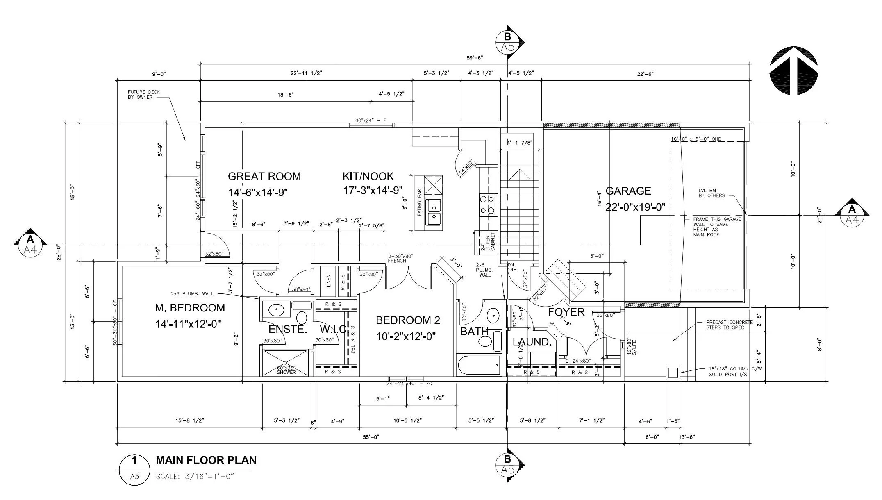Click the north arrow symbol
click(x=794, y=70)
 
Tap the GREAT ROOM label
click(x=264, y=176)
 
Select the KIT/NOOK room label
click(x=368, y=176)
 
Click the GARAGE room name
click(x=628, y=191)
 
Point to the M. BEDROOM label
click(x=190, y=308)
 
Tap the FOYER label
click(x=566, y=312)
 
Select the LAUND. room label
click(x=532, y=342)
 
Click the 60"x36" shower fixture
click(x=285, y=363)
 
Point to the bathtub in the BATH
click(x=479, y=365)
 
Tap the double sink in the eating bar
click(x=433, y=211)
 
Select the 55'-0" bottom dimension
click(x=371, y=437)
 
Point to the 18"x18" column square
click(x=673, y=373)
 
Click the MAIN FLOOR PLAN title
click(x=206, y=460)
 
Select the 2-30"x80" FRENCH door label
click(x=400, y=258)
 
